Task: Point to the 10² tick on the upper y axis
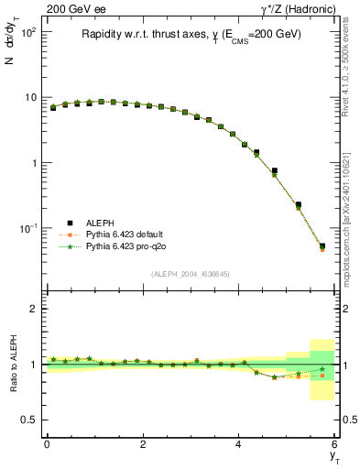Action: (x=28, y=32)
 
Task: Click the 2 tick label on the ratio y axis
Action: (x=33, y=309)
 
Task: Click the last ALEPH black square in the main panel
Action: (x=322, y=245)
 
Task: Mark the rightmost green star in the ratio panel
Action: (x=322, y=369)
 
